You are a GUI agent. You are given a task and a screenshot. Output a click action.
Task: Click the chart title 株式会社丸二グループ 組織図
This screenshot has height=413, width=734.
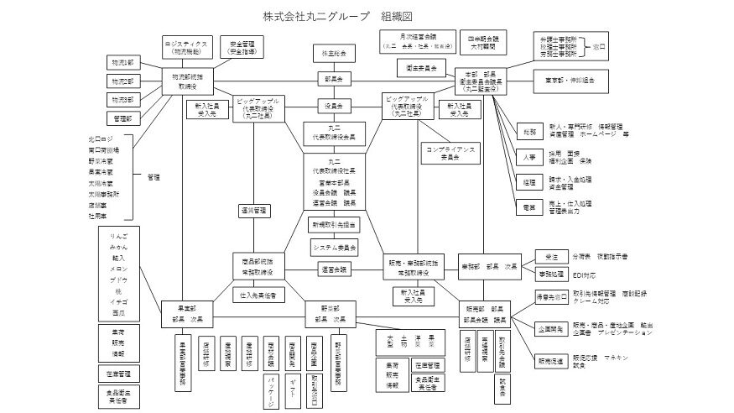338,16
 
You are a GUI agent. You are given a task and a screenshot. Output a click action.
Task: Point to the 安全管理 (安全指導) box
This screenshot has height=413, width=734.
243,47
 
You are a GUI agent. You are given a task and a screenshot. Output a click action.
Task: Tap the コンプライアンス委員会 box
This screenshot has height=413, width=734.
450,152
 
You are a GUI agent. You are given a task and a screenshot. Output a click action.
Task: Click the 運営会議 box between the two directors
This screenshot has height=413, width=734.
334,269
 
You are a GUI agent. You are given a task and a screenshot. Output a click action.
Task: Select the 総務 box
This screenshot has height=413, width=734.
527,132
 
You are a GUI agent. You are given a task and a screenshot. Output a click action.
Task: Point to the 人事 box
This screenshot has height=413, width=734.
527,157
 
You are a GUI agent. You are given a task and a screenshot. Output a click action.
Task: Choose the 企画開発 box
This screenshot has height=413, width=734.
550,328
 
